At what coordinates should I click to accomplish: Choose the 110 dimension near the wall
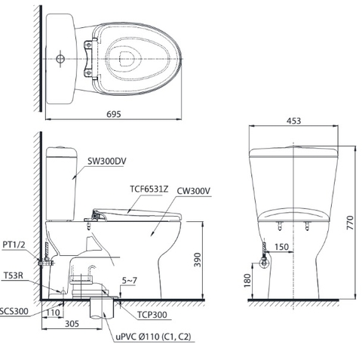pos(53,311)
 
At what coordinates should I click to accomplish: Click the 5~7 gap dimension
pos(130,280)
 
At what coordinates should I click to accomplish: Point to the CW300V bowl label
pos(195,192)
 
